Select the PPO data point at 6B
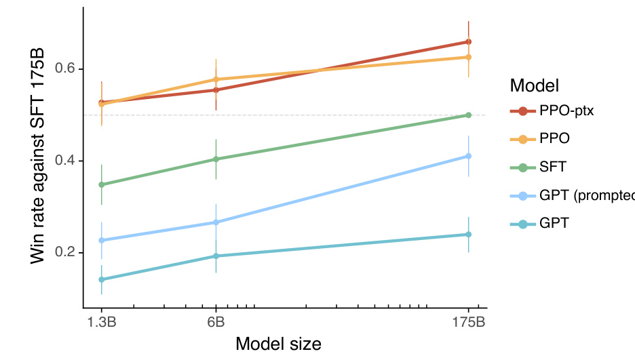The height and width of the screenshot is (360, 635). tap(216, 80)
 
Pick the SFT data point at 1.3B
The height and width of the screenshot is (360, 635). tap(102, 184)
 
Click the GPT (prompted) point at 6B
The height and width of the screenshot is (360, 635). tap(216, 222)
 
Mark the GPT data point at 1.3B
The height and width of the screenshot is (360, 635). tap(102, 279)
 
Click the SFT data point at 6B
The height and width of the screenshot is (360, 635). tap(216, 159)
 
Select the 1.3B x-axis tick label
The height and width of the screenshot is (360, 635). tap(102, 321)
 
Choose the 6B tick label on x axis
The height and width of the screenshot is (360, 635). tap(216, 321)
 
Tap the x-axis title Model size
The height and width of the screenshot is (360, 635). tap(278, 344)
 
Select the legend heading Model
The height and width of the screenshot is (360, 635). tap(535, 86)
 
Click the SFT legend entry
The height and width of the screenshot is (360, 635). tap(554, 166)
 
